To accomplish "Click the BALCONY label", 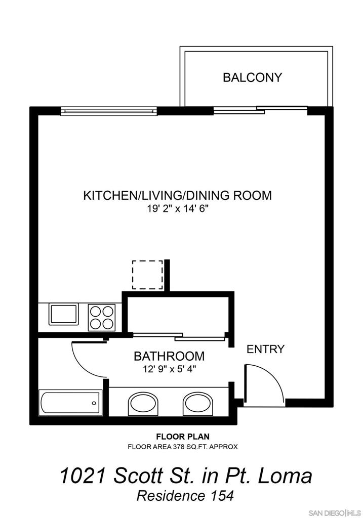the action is pyautogui.click(x=252, y=77).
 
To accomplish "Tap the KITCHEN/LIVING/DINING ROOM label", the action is pyautogui.click(x=178, y=195).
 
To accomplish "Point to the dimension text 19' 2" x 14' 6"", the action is pyautogui.click(x=178, y=209).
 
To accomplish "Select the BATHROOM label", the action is pyautogui.click(x=169, y=356).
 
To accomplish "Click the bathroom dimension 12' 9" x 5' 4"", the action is pyautogui.click(x=169, y=369).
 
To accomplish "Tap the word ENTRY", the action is pyautogui.click(x=265, y=349).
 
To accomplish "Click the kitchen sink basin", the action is pyautogui.click(x=64, y=314).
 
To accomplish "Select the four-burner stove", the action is pyautogui.click(x=101, y=318).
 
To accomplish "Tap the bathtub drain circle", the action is pyautogui.click(x=94, y=403).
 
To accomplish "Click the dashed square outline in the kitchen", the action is pyautogui.click(x=147, y=275).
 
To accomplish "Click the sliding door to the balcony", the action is pyautogui.click(x=261, y=110).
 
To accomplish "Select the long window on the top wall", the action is pyautogui.click(x=109, y=111).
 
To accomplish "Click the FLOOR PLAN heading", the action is pyautogui.click(x=183, y=437).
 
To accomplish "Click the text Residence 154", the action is pyautogui.click(x=185, y=496).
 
